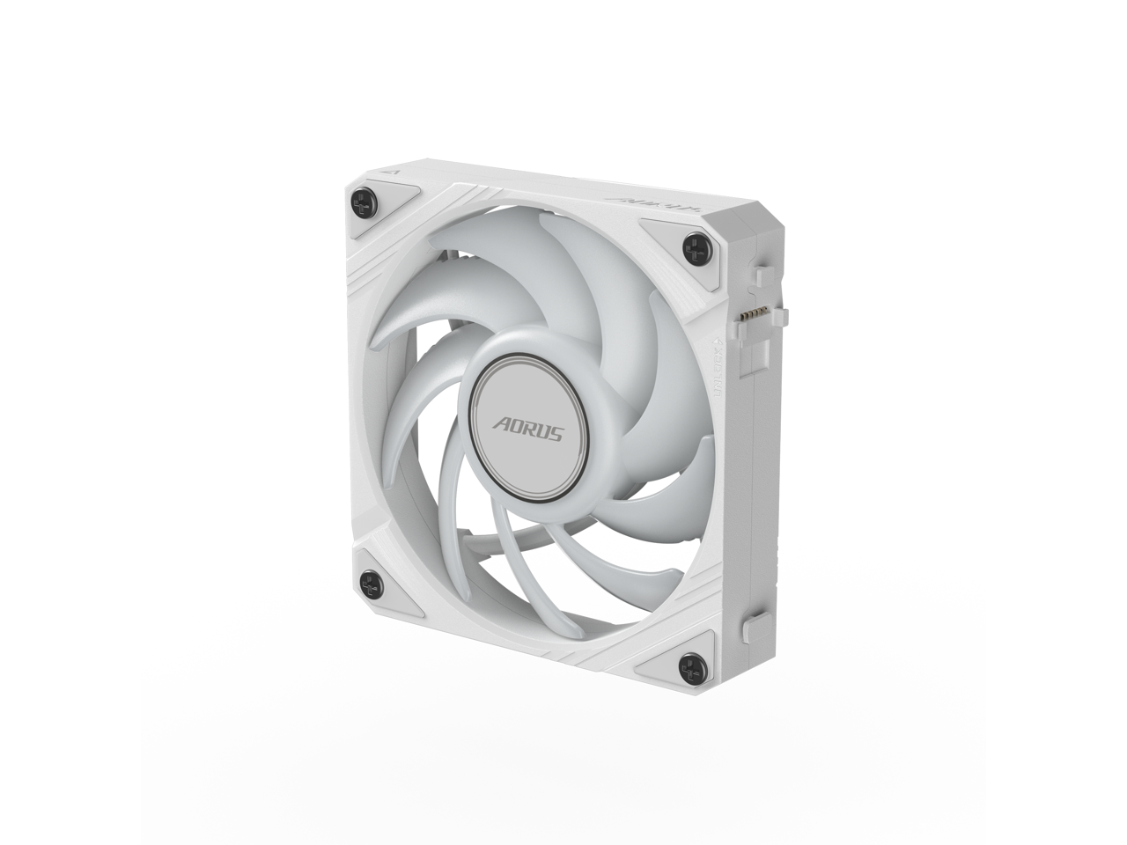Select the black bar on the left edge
click(x=70, y=422)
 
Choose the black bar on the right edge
click(x=1057, y=422)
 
